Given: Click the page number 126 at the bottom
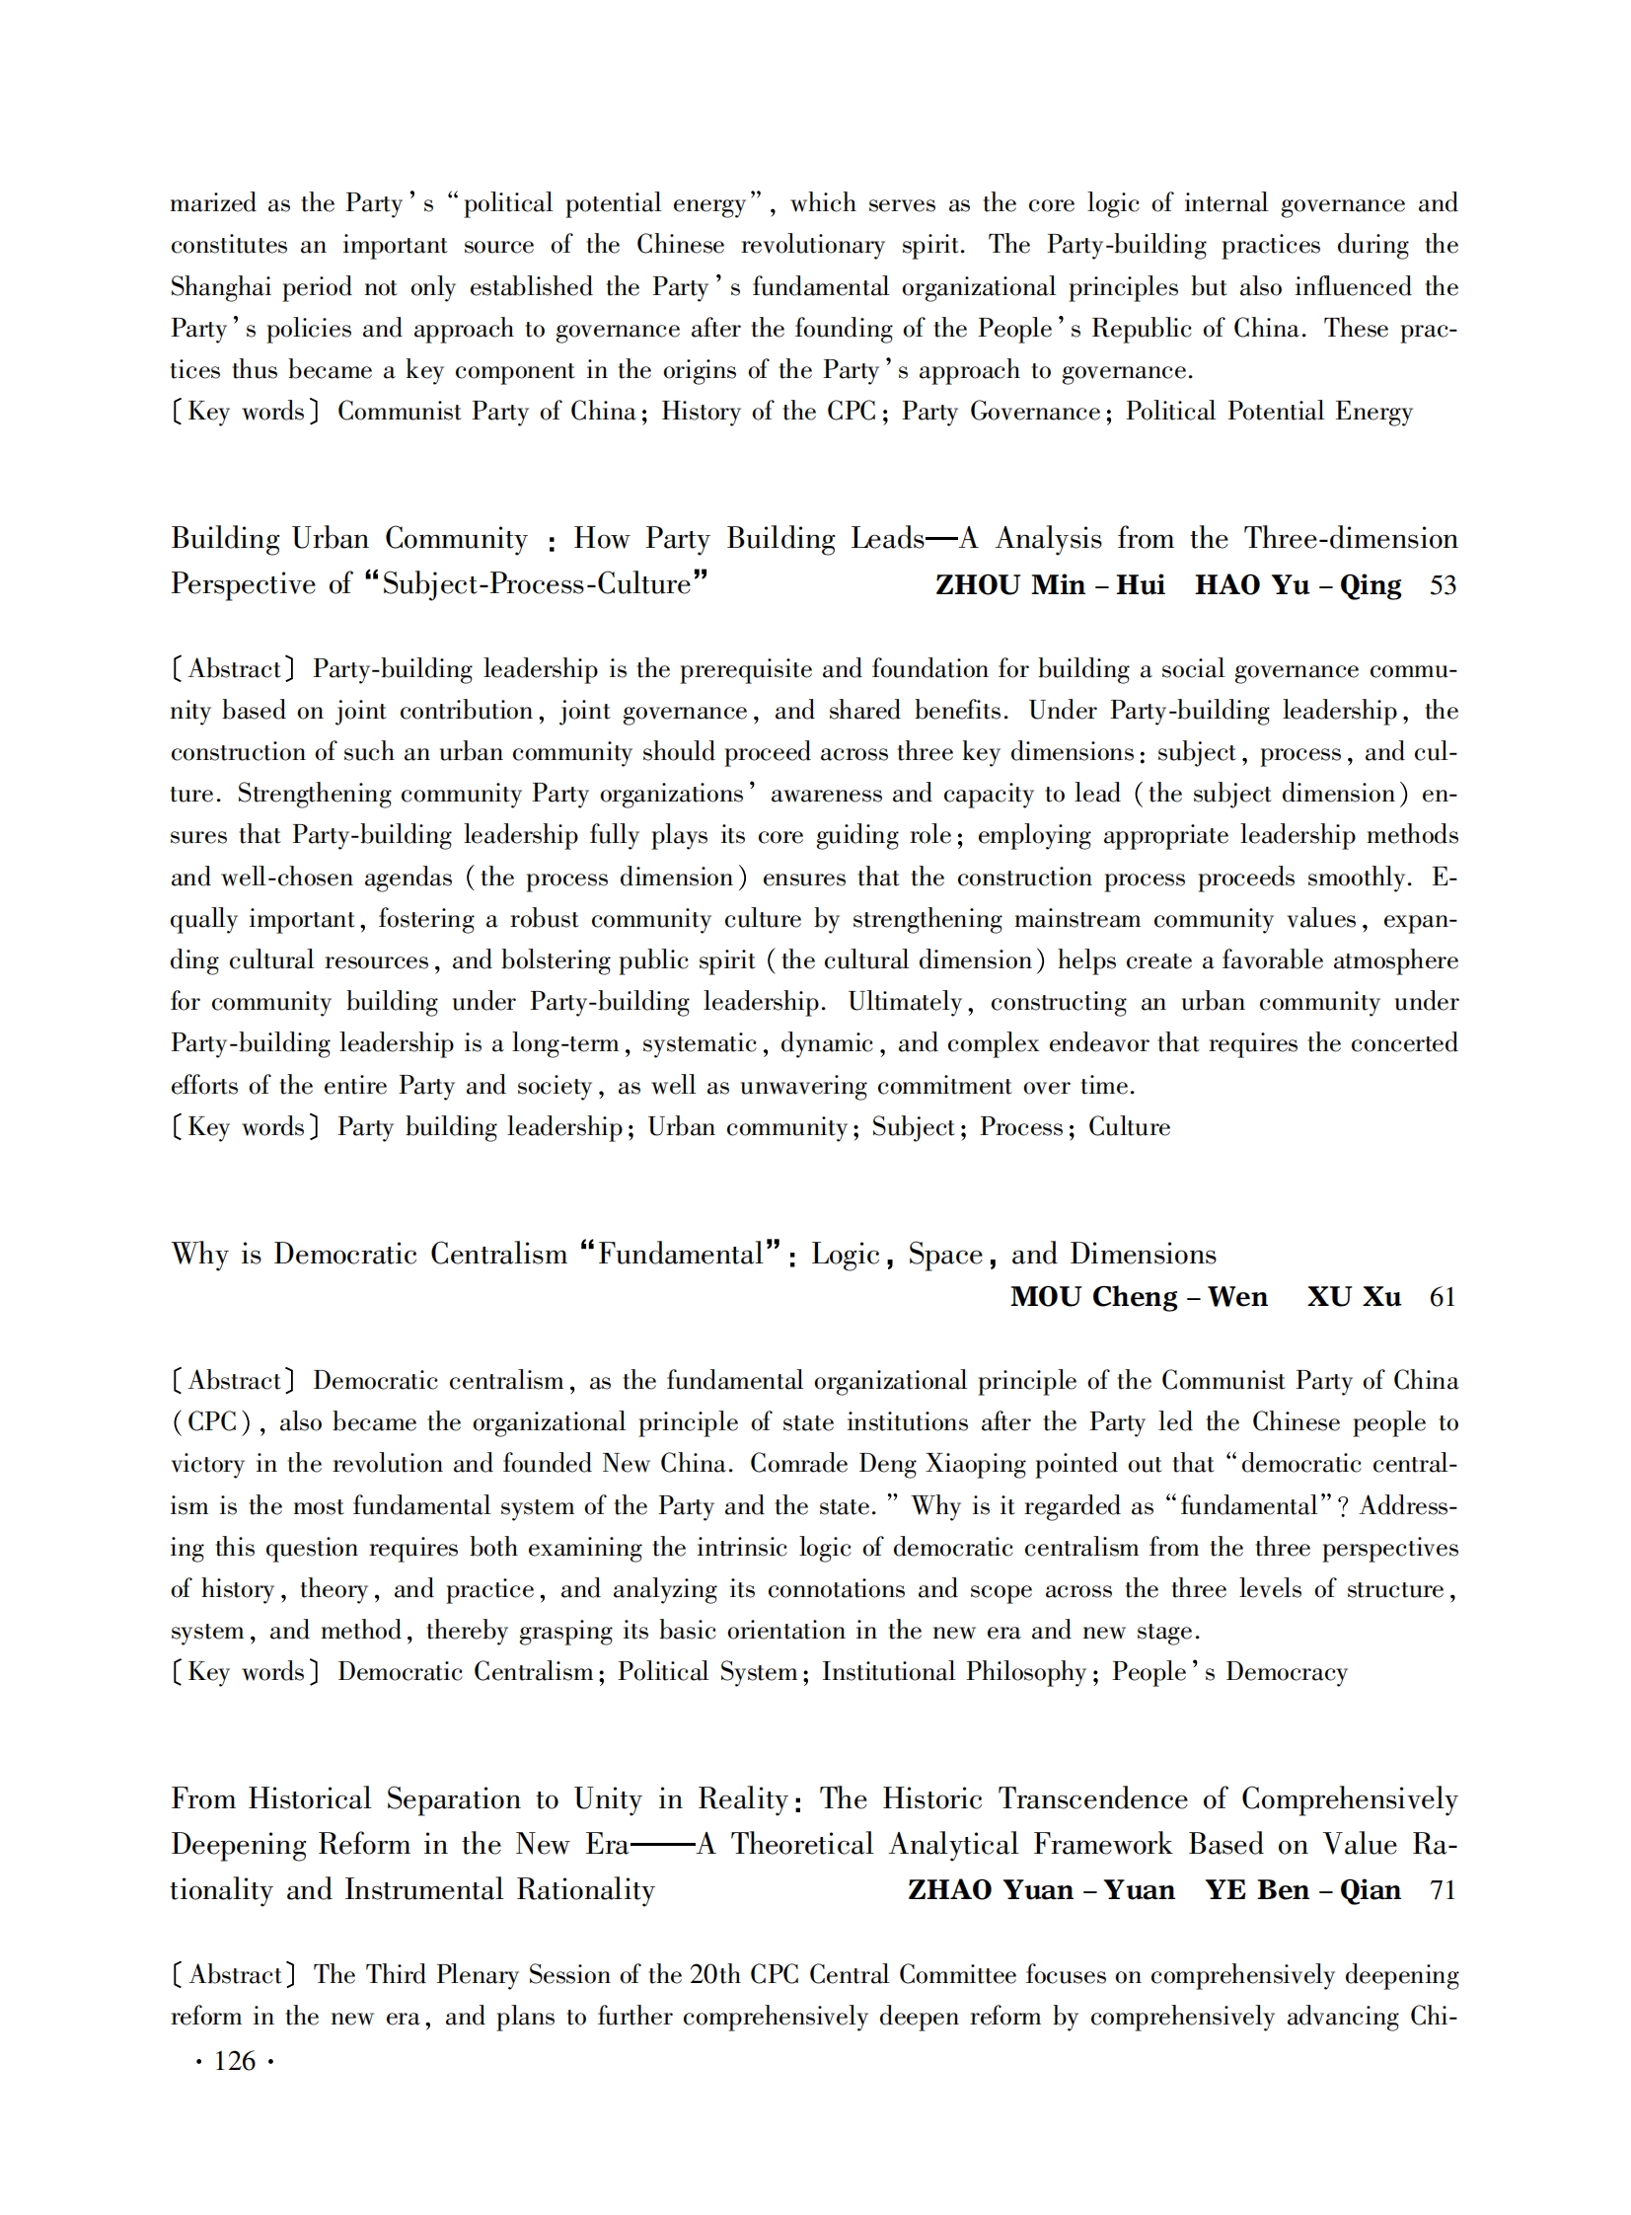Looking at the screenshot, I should pyautogui.click(x=234, y=2061).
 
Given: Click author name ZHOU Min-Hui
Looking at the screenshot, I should pyautogui.click(x=1050, y=584).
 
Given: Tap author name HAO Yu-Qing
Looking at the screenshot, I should pyautogui.click(x=1297, y=584).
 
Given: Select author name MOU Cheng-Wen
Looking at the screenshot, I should pyautogui.click(x=1139, y=1297).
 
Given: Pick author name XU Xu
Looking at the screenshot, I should pyautogui.click(x=1354, y=1297).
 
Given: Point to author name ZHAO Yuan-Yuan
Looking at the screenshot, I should pyautogui.click(x=1041, y=1890).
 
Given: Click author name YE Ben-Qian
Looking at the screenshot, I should pyautogui.click(x=1302, y=1890).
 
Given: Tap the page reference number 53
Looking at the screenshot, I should pyautogui.click(x=1443, y=585).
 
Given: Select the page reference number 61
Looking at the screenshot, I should pyautogui.click(x=1443, y=1297).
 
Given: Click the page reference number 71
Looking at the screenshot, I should pyautogui.click(x=1443, y=1890).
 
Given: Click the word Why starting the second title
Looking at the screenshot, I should pyautogui.click(x=199, y=1255).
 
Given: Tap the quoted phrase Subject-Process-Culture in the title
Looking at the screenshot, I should pyautogui.click(x=536, y=584).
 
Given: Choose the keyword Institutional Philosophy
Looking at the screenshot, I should pyautogui.click(x=954, y=1672).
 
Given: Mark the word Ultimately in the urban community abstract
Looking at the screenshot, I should pyautogui.click(x=905, y=1002).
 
